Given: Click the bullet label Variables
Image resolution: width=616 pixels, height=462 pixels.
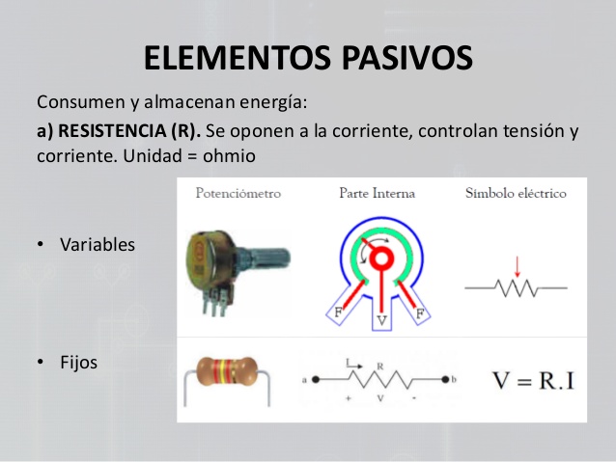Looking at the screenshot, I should [x=98, y=244].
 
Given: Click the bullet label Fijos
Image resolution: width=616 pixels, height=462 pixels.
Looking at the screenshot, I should [x=79, y=363].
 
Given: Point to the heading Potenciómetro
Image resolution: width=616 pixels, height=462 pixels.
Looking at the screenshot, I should [x=238, y=193].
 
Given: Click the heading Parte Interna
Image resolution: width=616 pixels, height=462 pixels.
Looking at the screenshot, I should [x=377, y=193].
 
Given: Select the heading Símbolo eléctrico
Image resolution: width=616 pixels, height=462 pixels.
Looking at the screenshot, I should [x=516, y=193].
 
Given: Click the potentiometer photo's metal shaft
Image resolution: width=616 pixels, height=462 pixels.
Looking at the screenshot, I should [x=272, y=258].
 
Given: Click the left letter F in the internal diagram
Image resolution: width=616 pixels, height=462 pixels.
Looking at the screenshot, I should [x=338, y=313].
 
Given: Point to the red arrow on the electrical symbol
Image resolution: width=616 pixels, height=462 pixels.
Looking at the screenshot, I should [x=517, y=266].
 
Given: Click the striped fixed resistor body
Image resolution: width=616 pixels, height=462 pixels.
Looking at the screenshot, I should [x=225, y=370].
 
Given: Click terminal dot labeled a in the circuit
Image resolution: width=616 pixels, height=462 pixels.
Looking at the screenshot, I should [x=314, y=379].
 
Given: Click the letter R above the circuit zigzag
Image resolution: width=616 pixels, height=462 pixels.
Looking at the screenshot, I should [x=379, y=366].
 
